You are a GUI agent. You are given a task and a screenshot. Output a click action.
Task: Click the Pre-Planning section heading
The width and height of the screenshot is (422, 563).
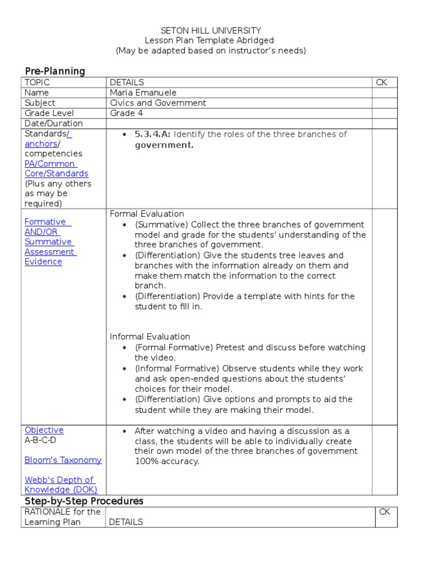pos(55,71)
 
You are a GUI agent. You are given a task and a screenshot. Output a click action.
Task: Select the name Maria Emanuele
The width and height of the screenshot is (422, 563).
pos(143,93)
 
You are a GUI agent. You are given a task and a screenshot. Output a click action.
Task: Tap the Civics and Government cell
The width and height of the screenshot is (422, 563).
pos(158,103)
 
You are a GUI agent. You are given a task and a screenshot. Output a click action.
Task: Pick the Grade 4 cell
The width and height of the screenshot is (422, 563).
pos(126,113)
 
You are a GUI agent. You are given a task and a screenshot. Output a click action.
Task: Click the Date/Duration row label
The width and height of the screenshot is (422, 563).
pos(54,123)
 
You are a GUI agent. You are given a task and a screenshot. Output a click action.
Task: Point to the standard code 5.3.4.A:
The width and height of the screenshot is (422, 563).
pos(153,134)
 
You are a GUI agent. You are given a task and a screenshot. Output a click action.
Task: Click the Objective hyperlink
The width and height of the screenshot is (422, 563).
pos(44,430)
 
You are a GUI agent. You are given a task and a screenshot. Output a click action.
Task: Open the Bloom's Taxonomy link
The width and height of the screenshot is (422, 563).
pos(63,460)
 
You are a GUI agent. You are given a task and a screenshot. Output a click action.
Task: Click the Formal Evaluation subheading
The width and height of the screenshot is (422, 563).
pos(147,214)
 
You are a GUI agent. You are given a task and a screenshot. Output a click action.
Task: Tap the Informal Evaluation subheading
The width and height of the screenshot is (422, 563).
pos(150,336)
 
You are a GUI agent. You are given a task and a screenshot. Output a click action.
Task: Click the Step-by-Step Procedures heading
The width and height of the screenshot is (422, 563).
pos(84,501)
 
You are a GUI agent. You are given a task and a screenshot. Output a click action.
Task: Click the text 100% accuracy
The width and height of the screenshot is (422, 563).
pos(167,461)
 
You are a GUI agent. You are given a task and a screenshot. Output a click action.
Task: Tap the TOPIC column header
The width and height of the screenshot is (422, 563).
pos(37,82)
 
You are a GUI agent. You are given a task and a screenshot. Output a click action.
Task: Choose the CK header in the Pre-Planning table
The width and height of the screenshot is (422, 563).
pos(381,82)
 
